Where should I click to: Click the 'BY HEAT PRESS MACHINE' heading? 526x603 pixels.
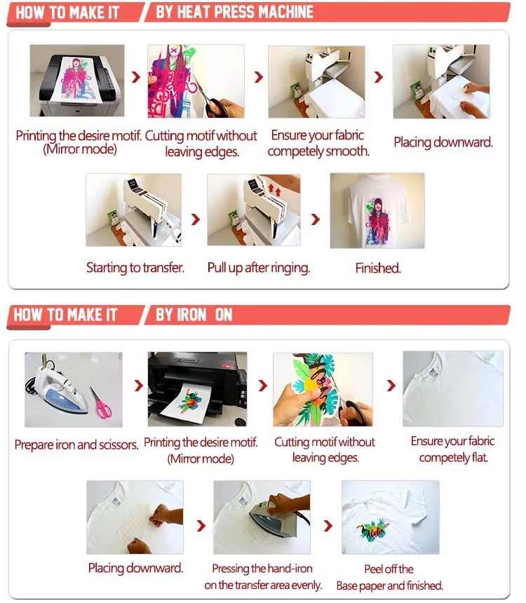234,13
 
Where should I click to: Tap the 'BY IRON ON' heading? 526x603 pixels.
194,315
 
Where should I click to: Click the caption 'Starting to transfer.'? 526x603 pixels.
135,267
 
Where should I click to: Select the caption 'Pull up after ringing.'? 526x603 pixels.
258,267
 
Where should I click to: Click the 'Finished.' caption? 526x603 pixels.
377,268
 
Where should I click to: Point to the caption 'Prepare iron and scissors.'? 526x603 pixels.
76,445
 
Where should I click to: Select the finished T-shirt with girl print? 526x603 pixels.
377,210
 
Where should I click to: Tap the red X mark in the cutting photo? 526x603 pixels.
172,51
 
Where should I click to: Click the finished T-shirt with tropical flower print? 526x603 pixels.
389,517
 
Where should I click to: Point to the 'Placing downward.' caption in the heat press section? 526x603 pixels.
443,142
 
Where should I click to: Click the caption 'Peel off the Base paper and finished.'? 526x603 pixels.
389,577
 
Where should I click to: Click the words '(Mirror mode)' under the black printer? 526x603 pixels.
201,459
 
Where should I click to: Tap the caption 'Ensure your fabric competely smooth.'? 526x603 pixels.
318,142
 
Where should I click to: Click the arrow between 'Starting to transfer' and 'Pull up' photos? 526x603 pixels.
196,219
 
